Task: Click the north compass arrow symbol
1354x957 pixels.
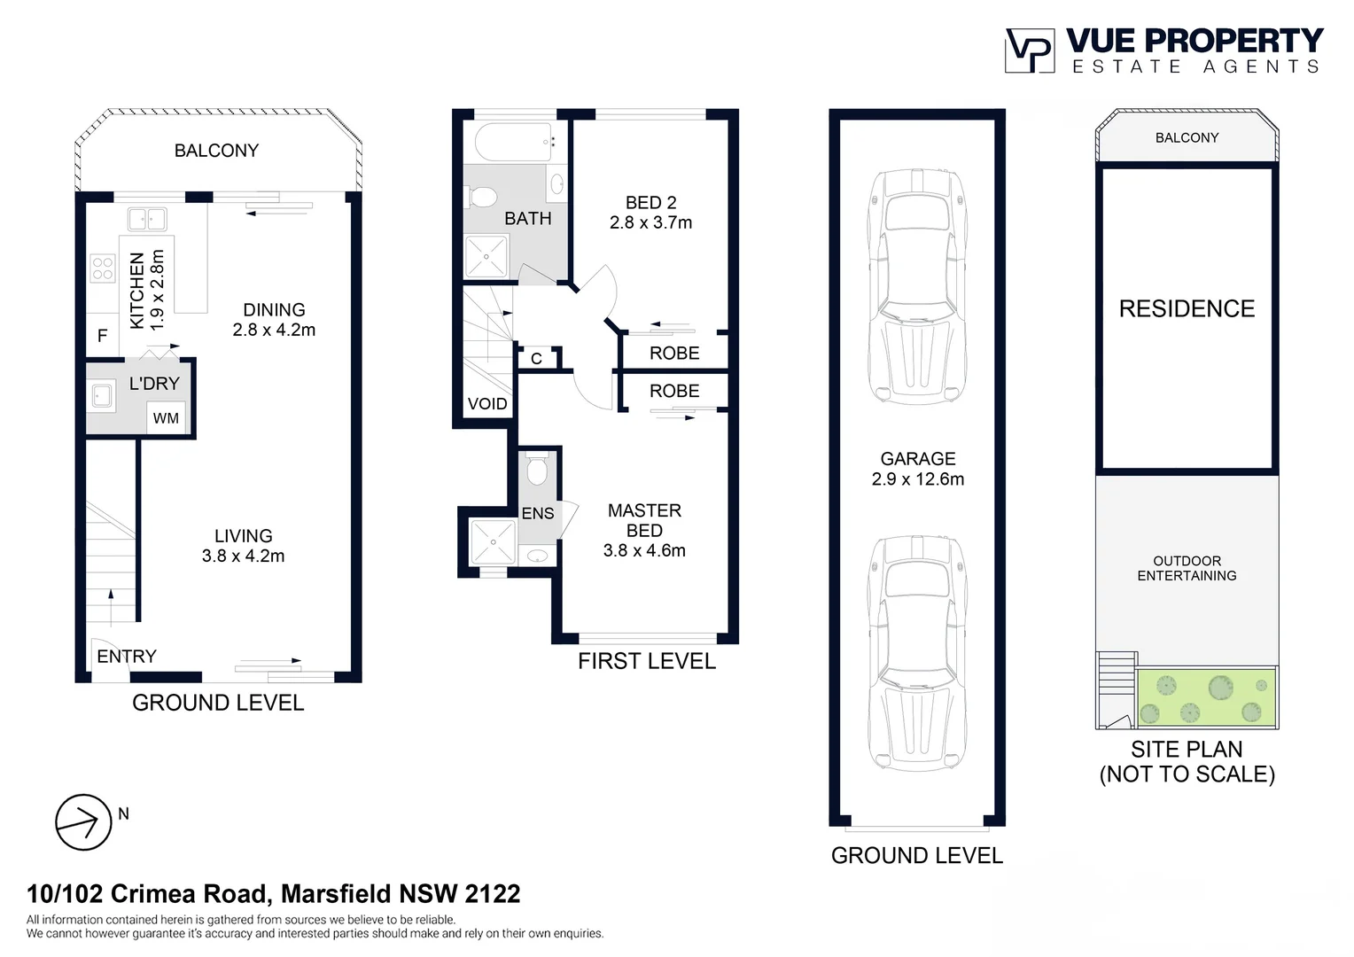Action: (83, 822)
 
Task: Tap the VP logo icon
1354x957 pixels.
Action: (1029, 51)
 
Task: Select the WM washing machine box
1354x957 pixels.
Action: (166, 418)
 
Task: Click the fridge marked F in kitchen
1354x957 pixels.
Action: (103, 335)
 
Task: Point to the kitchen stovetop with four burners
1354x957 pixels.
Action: (103, 268)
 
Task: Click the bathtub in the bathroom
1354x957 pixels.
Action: (515, 142)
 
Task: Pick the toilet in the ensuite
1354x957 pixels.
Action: (537, 470)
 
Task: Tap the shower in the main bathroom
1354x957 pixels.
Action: (486, 257)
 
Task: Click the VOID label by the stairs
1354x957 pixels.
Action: (487, 404)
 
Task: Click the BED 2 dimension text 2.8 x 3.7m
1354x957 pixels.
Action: (650, 223)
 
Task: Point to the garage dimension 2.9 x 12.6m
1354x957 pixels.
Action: (917, 479)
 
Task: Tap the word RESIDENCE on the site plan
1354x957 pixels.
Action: (1187, 309)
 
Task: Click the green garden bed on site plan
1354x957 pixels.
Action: (1206, 697)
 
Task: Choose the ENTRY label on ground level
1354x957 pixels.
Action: (127, 657)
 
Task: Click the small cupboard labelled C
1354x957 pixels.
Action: (536, 359)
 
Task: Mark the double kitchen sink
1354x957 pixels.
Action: (147, 219)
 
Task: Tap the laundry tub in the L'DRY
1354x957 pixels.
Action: (102, 395)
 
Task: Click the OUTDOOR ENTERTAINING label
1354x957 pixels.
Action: (1187, 568)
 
